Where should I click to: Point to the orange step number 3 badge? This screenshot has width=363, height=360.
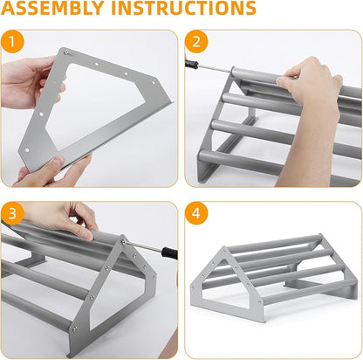(12, 214)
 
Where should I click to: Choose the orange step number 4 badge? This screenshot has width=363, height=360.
(196, 214)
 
